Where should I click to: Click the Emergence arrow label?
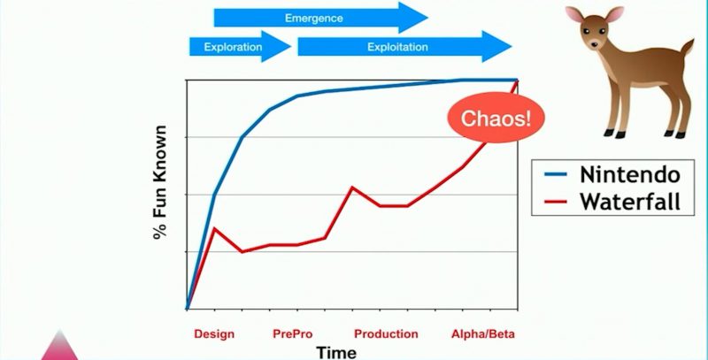[x=314, y=19]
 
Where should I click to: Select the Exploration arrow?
[x=240, y=47]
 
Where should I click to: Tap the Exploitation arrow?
[x=404, y=47]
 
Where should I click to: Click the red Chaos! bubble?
[x=496, y=118]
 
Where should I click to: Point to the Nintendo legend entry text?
[x=630, y=175]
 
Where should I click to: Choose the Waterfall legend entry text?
[x=630, y=201]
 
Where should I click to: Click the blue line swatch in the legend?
[x=556, y=175]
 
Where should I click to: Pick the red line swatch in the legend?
[x=556, y=202]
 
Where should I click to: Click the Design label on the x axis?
[x=214, y=334]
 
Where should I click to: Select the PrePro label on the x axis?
[x=293, y=334]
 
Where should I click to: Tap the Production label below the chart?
[x=386, y=334]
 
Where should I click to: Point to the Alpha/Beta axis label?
[x=483, y=334]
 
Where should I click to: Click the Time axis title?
[x=336, y=352]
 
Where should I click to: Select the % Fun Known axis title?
[x=160, y=182]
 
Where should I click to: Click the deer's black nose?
[x=594, y=44]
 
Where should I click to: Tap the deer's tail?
[x=687, y=48]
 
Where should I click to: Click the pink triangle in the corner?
[x=59, y=349]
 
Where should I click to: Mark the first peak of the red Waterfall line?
[x=214, y=228]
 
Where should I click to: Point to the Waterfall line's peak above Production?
[x=352, y=187]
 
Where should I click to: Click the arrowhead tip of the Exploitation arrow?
[x=512, y=47]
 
